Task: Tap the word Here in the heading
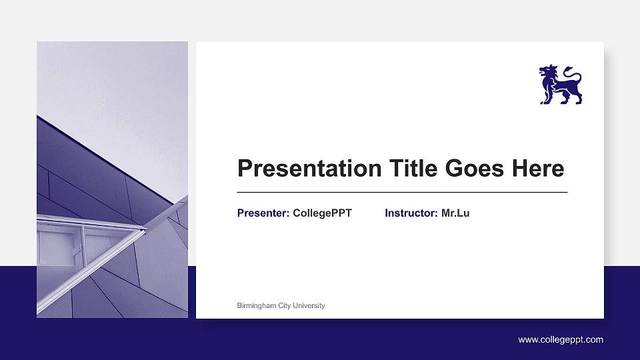pyautogui.click(x=537, y=169)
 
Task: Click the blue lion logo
pyautogui.click(x=560, y=85)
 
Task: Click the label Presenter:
pyautogui.click(x=263, y=213)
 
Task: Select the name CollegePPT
pyautogui.click(x=322, y=213)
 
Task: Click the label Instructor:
pyautogui.click(x=411, y=213)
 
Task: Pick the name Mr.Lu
pyautogui.click(x=455, y=213)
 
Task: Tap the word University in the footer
pyautogui.click(x=309, y=306)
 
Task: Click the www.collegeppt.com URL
pyautogui.click(x=561, y=340)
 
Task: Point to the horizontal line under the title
pyautogui.click(x=402, y=192)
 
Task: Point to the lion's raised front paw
pyautogui.click(x=542, y=87)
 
